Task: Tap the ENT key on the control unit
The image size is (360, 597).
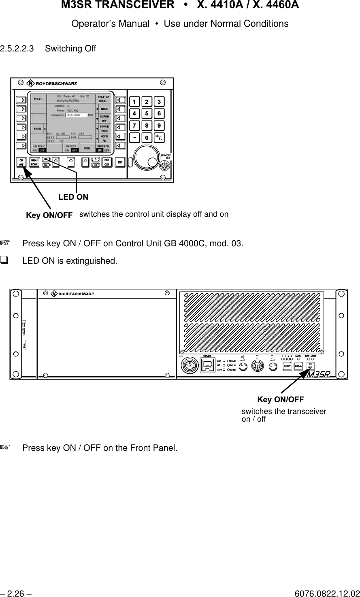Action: [x=119, y=162]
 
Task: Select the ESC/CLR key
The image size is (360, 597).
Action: [x=107, y=162]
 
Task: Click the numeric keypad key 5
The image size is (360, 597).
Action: [x=147, y=113]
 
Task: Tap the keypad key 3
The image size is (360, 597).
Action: [x=159, y=101]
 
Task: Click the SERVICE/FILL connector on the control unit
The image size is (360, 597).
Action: [x=164, y=166]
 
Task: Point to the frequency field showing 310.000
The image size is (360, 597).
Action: [x=76, y=115]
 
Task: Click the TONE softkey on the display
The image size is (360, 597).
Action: [x=87, y=148]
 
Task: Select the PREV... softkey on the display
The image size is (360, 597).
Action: [x=38, y=98]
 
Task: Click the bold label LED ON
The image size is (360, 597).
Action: [x=73, y=197]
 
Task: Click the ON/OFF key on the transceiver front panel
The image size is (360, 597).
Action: [x=310, y=366]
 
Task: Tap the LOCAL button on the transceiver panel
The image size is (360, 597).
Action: [x=298, y=366]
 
